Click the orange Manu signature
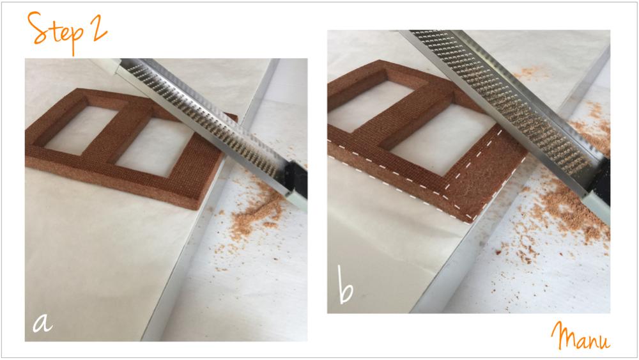(x=581, y=337)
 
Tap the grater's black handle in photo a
(x=295, y=180)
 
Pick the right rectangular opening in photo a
(x=157, y=147)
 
